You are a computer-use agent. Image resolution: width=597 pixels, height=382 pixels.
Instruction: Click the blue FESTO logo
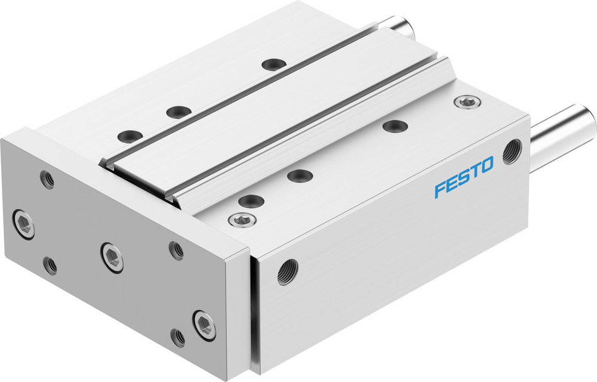[464, 177]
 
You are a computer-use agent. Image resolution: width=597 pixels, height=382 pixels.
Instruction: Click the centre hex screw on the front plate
[112, 257]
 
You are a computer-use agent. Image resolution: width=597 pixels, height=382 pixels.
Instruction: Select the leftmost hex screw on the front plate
[23, 223]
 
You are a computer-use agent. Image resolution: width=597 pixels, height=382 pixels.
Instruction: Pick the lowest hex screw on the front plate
[204, 325]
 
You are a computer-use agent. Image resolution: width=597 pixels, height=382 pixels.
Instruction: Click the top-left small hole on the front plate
[47, 178]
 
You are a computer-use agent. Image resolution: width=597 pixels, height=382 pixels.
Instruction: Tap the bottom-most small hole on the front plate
[177, 337]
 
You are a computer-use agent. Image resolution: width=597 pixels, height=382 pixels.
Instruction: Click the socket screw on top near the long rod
[466, 102]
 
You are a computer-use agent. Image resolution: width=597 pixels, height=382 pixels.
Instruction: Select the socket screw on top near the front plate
[242, 220]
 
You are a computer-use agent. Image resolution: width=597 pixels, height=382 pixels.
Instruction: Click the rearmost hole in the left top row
[273, 64]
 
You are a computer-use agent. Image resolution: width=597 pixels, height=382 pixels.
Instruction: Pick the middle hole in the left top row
[178, 112]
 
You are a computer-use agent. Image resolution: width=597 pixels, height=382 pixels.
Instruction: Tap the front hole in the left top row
[130, 136]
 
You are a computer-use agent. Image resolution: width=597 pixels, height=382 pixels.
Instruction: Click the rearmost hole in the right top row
[395, 126]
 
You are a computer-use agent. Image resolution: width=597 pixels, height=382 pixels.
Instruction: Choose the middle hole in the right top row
[299, 175]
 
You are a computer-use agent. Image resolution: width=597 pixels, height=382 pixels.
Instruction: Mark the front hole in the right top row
[251, 201]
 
